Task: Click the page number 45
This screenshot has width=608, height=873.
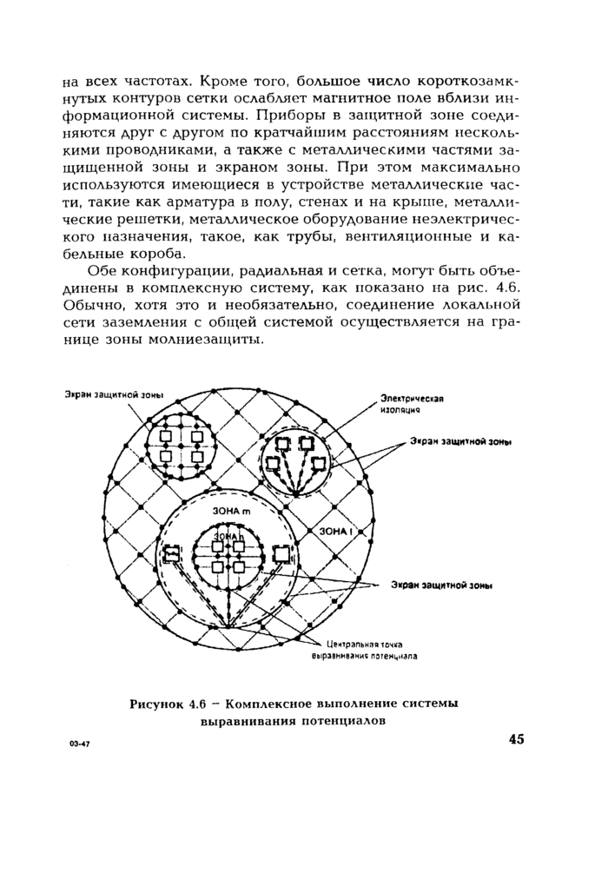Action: click(517, 740)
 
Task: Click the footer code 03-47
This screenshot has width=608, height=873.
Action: click(81, 745)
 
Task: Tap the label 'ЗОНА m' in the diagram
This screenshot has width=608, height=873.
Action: click(231, 512)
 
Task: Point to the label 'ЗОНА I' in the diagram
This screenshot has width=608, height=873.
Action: click(334, 530)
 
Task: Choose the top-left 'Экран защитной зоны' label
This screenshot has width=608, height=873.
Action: click(114, 394)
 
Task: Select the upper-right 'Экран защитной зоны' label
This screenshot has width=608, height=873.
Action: click(460, 441)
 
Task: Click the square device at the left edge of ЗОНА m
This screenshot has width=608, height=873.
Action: click(172, 552)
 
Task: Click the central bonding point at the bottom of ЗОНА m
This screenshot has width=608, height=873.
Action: click(228, 626)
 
